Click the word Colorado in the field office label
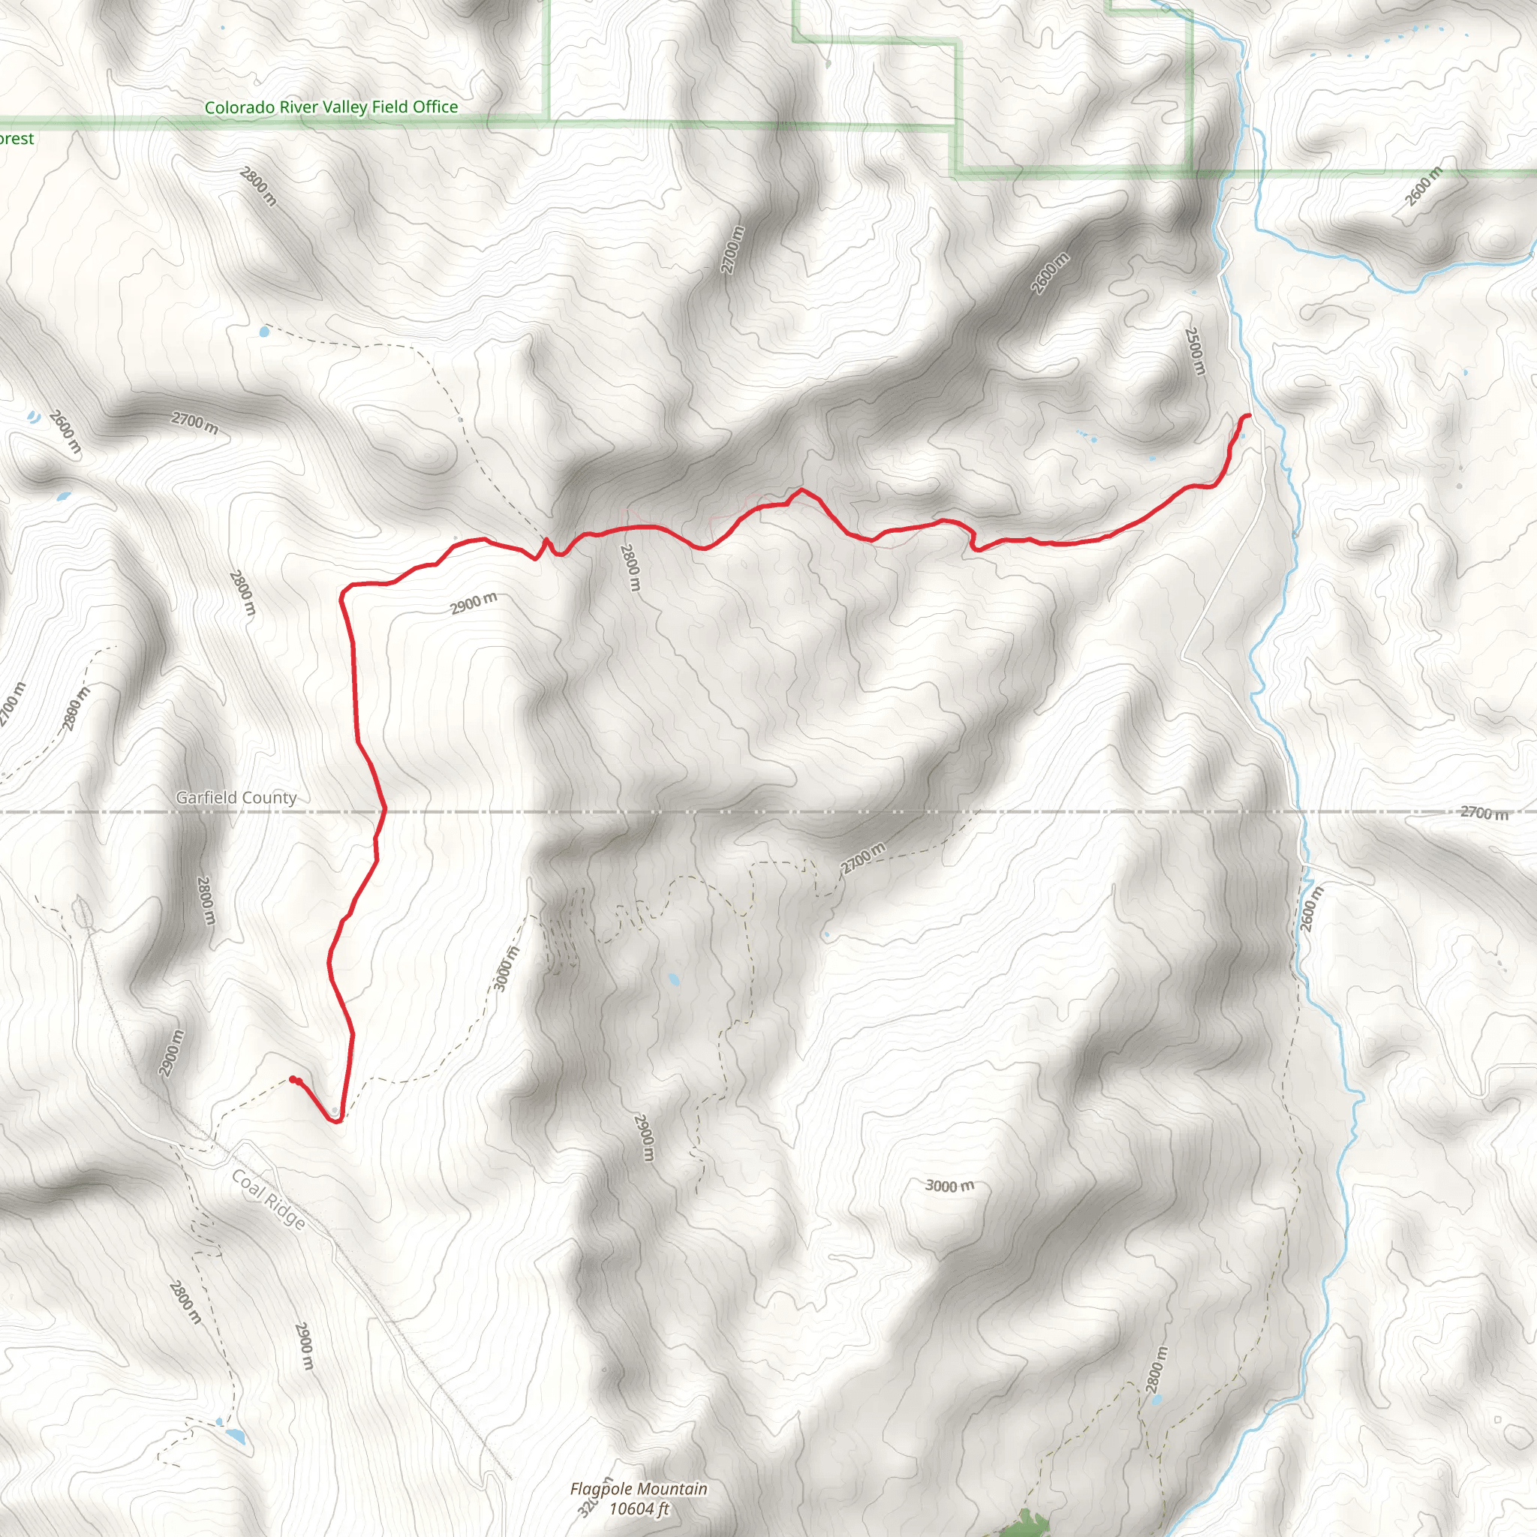(x=239, y=107)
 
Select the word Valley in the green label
(x=344, y=107)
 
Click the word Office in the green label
(x=435, y=107)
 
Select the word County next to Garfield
(x=271, y=797)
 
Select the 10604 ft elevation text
(x=639, y=1508)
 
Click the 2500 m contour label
(x=1195, y=350)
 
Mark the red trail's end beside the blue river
(x=1248, y=415)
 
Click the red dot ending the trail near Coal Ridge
(x=293, y=1079)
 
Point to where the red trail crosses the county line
(x=383, y=811)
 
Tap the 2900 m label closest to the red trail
(x=474, y=604)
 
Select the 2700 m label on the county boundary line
(x=1484, y=813)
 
